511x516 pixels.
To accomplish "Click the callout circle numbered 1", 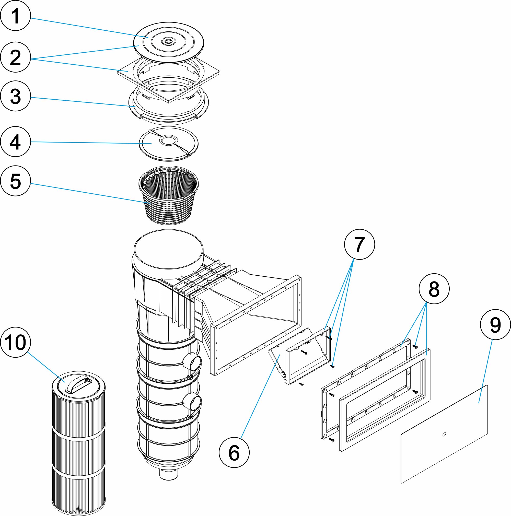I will pos(16,16).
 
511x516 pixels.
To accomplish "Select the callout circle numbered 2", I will pos(16,57).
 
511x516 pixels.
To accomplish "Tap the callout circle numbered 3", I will pos(16,96).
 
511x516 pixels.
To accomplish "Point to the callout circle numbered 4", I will pos(16,142).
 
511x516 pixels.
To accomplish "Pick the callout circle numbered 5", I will pos(16,181).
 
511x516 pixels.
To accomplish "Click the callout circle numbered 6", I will pos(234,452).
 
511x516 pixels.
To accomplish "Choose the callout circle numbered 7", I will pos(359,244).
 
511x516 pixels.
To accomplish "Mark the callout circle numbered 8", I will pos(434,289).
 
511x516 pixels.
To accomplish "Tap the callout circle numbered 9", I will pos(495,325).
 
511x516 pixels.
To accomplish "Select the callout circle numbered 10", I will pos(16,342).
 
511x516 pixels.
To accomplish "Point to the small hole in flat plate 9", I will pos(444,434).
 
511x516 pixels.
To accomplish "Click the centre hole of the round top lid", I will pos(168,41).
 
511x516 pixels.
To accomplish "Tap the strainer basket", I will pos(169,195).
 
